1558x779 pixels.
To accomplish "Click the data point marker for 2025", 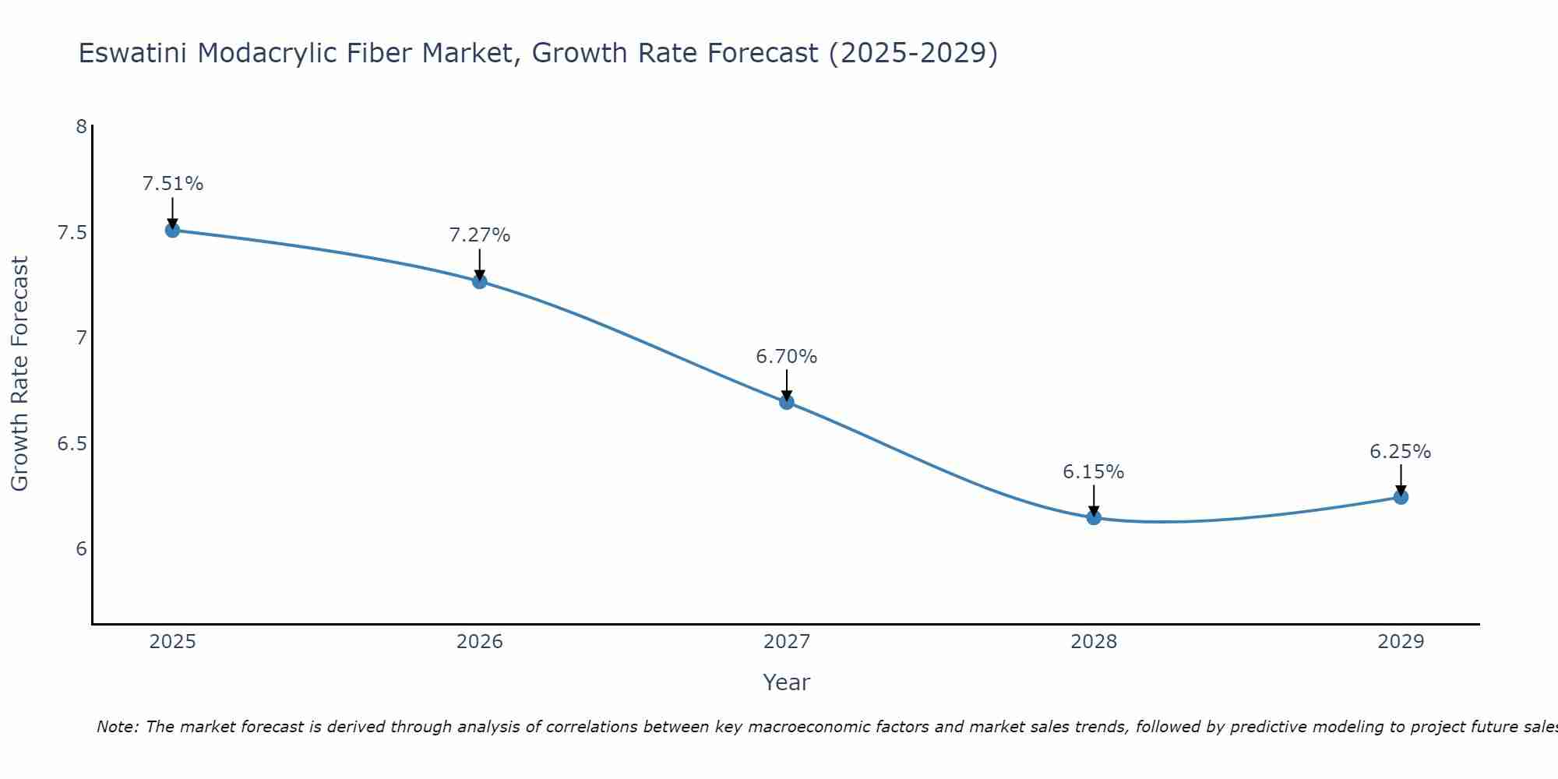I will point(172,230).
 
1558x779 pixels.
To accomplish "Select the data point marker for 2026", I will point(479,281).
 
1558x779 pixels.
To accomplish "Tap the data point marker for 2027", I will point(787,402).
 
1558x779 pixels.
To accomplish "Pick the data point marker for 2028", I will point(1094,517).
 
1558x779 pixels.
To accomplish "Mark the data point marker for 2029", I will point(1401,497).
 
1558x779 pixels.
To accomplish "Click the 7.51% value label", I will point(173,184).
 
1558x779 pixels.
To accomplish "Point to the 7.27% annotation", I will point(480,235).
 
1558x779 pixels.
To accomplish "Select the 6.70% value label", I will point(787,357).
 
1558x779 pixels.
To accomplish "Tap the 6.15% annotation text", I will point(1094,472).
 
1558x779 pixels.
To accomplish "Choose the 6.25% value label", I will point(1401,452).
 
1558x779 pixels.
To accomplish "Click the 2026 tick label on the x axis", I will point(479,642).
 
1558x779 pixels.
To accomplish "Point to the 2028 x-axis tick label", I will point(1094,642).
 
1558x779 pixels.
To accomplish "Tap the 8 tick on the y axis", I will point(81,126).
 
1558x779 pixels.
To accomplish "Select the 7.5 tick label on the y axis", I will point(72,233).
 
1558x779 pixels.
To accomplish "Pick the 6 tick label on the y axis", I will point(81,549).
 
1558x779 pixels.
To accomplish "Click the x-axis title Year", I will point(787,682).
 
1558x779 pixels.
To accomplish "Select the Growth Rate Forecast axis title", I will point(19,374).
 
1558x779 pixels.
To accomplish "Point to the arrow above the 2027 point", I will point(787,385).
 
